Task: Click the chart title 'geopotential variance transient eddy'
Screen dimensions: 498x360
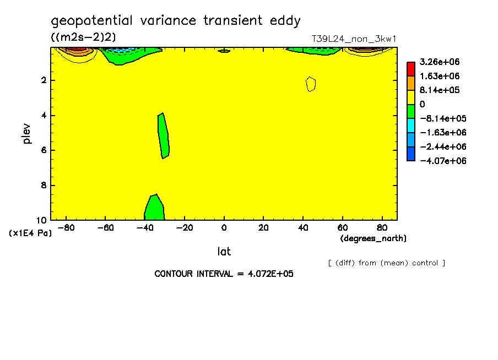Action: pyautogui.click(x=176, y=21)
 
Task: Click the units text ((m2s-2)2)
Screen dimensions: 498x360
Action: pyautogui.click(x=83, y=37)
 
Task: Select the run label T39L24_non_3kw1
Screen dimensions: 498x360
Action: pyautogui.click(x=354, y=39)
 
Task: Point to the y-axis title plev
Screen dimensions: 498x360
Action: pyautogui.click(x=26, y=134)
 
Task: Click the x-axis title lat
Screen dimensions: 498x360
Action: pyautogui.click(x=224, y=252)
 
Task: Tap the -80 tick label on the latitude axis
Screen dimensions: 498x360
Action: pyautogui.click(x=66, y=228)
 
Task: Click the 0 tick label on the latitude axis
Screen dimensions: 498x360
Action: pyautogui.click(x=224, y=228)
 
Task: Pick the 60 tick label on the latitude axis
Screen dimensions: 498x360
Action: pyautogui.click(x=343, y=228)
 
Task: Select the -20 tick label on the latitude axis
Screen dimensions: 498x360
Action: pyautogui.click(x=185, y=228)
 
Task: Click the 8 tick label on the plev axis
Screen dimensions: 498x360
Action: pyautogui.click(x=44, y=185)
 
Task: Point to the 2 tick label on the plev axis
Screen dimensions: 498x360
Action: pyautogui.click(x=44, y=80)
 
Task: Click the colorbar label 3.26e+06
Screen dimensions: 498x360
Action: pyautogui.click(x=440, y=62)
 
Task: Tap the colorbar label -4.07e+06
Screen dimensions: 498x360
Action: pyautogui.click(x=443, y=161)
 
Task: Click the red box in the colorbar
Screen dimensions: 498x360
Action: pyautogui.click(x=411, y=69)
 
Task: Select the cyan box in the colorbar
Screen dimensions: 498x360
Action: pyautogui.click(x=411, y=126)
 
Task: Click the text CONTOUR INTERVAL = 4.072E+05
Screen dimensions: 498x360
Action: pyautogui.click(x=224, y=274)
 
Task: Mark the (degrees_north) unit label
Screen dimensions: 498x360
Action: pyautogui.click(x=373, y=238)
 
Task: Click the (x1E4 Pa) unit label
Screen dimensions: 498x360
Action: pyautogui.click(x=30, y=233)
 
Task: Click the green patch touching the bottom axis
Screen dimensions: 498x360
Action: pyautogui.click(x=154, y=208)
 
